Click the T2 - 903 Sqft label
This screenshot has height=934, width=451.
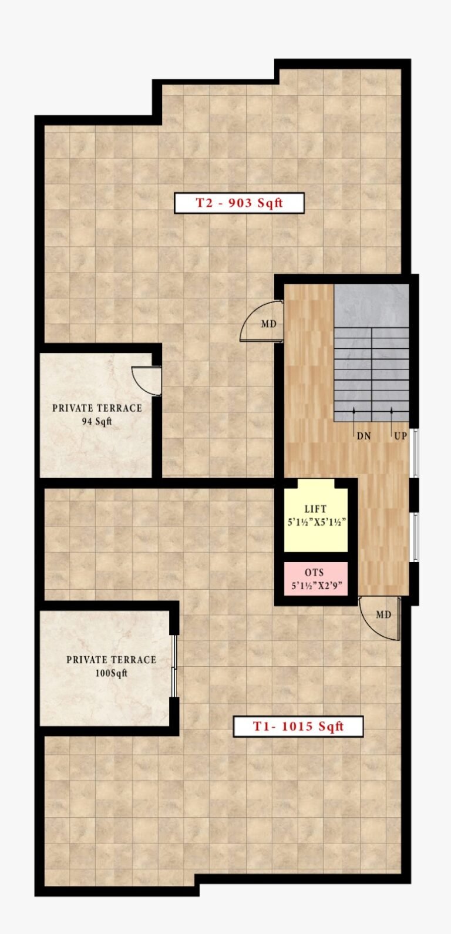[239, 203]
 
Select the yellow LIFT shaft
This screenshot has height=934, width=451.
[316, 516]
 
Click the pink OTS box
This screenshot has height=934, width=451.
[316, 579]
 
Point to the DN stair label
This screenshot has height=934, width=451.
[364, 436]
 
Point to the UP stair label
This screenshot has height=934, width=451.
[400, 436]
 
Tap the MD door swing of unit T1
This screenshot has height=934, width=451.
[379, 619]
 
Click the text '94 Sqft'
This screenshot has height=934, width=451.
[97, 422]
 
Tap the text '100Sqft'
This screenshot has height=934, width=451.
[112, 673]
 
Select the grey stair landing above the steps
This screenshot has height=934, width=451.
[371, 305]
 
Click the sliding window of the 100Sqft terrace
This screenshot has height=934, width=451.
[174, 666]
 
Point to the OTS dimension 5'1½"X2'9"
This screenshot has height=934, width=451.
[317, 586]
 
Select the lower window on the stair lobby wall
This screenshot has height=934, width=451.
[415, 537]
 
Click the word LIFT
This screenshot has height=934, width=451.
[315, 509]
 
